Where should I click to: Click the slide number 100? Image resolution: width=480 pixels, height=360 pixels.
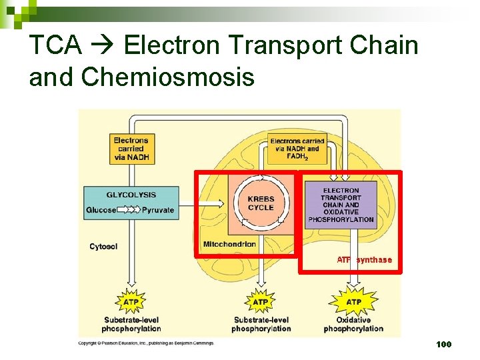[443, 345]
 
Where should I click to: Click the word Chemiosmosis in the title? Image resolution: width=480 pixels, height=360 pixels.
[167, 77]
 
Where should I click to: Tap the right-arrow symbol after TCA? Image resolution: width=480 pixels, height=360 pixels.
[103, 46]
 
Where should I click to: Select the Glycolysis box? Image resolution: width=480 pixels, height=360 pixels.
[131, 203]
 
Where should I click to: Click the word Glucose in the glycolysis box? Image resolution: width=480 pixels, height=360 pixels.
[101, 210]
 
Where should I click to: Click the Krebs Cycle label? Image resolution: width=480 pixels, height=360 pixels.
[261, 203]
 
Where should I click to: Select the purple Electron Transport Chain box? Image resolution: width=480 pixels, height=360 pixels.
[341, 205]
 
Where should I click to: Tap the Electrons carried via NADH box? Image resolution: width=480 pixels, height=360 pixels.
[131, 149]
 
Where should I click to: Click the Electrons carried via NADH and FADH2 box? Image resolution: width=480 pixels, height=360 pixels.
[297, 149]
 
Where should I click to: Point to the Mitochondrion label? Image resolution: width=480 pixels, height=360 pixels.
[229, 244]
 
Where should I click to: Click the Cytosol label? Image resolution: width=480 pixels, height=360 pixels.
[103, 247]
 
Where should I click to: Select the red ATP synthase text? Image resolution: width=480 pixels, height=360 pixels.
[365, 260]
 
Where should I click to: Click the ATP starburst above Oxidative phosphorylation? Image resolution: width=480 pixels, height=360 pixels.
[354, 302]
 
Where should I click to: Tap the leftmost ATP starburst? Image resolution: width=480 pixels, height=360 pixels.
[131, 302]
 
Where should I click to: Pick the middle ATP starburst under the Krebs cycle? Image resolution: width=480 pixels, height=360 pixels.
[261, 302]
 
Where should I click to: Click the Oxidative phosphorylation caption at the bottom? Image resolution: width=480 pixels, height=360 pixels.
[353, 324]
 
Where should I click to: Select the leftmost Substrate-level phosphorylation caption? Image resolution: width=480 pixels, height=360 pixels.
[131, 324]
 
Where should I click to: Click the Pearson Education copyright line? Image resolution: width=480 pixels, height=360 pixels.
[146, 343]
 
